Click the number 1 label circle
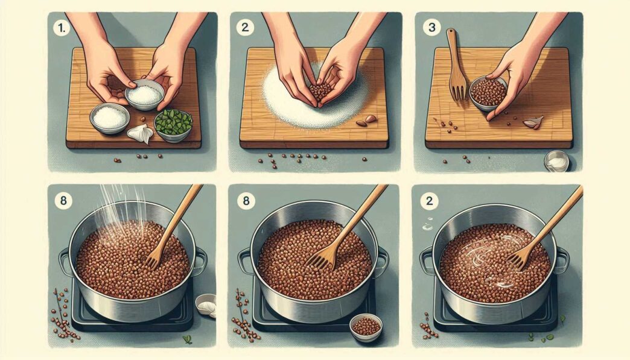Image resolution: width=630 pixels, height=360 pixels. pos(62,29)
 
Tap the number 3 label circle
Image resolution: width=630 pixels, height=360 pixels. pos(431,28)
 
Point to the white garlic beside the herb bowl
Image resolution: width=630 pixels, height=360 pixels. pos(141,134)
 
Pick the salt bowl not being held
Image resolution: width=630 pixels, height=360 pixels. pos(110,118)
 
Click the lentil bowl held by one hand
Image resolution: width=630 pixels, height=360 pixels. pos(488,93)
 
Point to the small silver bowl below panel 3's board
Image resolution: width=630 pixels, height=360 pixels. pos(557,161)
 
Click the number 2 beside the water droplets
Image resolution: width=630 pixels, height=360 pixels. pos(429,200)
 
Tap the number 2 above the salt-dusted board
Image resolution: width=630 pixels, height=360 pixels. pos(245,28)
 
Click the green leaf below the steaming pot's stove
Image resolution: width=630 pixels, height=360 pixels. pos(187,339)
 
